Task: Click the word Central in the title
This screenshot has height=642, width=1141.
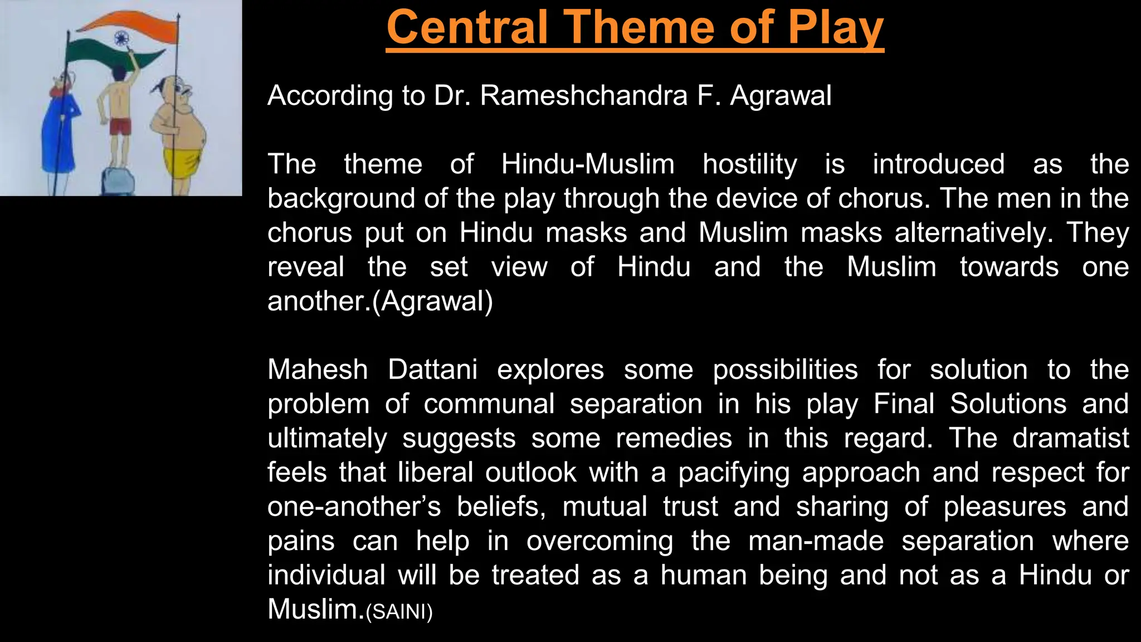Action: click(468, 28)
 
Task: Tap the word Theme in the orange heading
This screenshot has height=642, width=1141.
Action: click(641, 28)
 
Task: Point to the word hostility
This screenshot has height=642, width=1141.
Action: click(750, 164)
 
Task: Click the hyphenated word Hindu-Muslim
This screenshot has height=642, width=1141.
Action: click(588, 164)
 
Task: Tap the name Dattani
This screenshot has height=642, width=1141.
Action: click(432, 370)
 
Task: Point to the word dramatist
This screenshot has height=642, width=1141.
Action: click(1070, 439)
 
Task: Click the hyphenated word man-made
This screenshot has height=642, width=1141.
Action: click(816, 541)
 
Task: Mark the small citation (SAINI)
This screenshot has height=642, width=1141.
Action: click(399, 612)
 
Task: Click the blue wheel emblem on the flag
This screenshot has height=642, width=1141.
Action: click(121, 38)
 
